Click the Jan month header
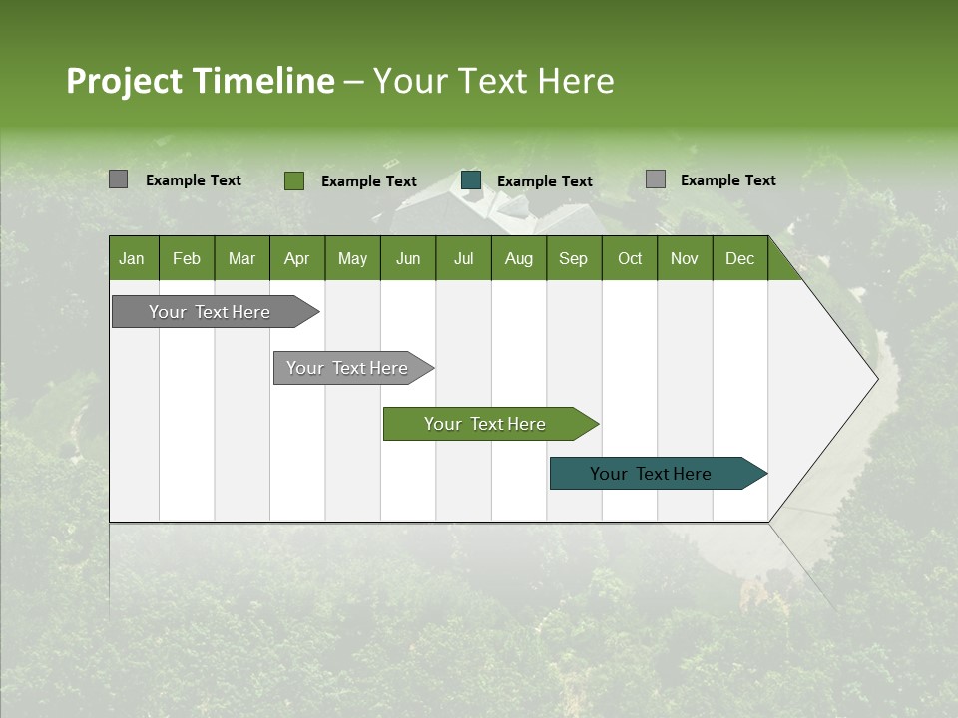pos(132,259)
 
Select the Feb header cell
pos(187,259)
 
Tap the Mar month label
pos(241,259)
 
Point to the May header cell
pos(352,259)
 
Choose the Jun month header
pos(408,259)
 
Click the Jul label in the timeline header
pos(463,259)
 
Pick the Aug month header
pos(519,259)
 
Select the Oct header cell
pos(630,259)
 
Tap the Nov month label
pos(685,259)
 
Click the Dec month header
pos(739,259)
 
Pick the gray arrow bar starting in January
pos(211,312)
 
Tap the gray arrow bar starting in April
pos(348,368)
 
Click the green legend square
pos(293,180)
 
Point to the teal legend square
pos(471,180)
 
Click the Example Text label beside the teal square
pos(544,181)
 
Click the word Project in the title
pos(123,81)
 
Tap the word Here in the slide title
pos(576,81)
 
